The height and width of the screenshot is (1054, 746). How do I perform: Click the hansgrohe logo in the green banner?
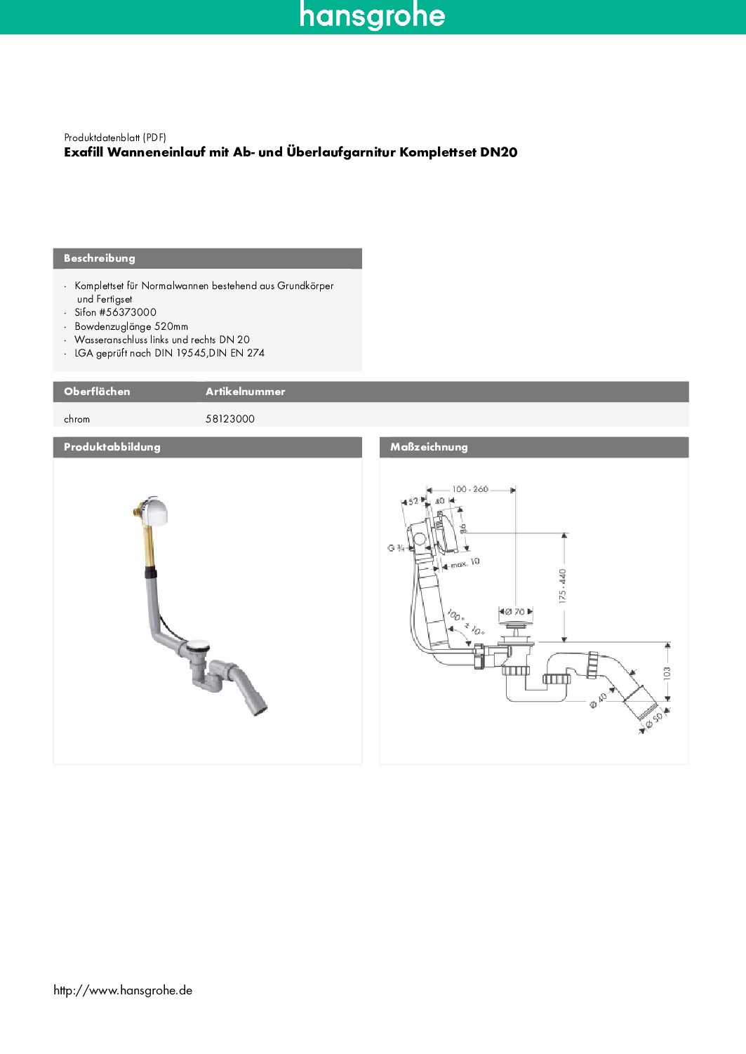click(x=372, y=15)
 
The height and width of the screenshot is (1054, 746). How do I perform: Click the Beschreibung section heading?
click(x=100, y=258)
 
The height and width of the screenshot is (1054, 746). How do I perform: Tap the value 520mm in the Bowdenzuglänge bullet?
click(x=171, y=326)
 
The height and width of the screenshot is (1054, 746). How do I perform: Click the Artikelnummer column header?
click(x=245, y=392)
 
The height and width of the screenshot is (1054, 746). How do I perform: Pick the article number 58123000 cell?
click(x=230, y=419)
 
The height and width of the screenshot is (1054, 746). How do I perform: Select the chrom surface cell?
click(x=77, y=419)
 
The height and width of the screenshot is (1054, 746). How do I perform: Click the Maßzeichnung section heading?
click(x=429, y=447)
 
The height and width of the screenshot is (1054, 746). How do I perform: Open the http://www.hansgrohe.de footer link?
click(x=123, y=990)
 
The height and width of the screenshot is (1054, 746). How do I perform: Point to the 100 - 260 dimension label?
click(x=470, y=489)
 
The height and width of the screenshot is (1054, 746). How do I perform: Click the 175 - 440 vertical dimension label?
click(x=562, y=586)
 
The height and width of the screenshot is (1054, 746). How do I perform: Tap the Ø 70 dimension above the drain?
click(x=515, y=612)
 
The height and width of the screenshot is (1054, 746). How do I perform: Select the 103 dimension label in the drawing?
click(x=667, y=672)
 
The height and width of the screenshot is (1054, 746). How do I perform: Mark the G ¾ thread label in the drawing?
click(x=396, y=547)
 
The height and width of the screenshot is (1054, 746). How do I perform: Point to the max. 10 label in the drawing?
click(x=465, y=563)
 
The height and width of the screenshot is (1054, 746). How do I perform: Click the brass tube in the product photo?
click(x=149, y=547)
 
